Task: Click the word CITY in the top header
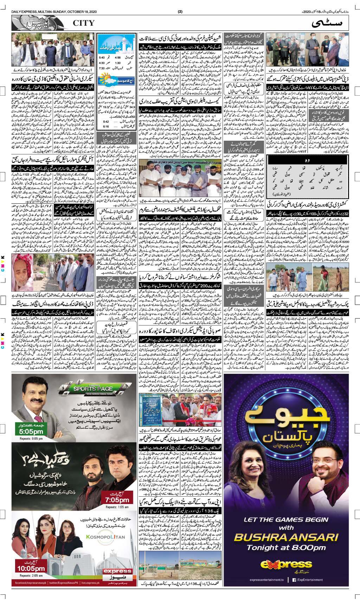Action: [x=84, y=23]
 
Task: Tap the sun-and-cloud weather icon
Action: [x=108, y=78]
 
